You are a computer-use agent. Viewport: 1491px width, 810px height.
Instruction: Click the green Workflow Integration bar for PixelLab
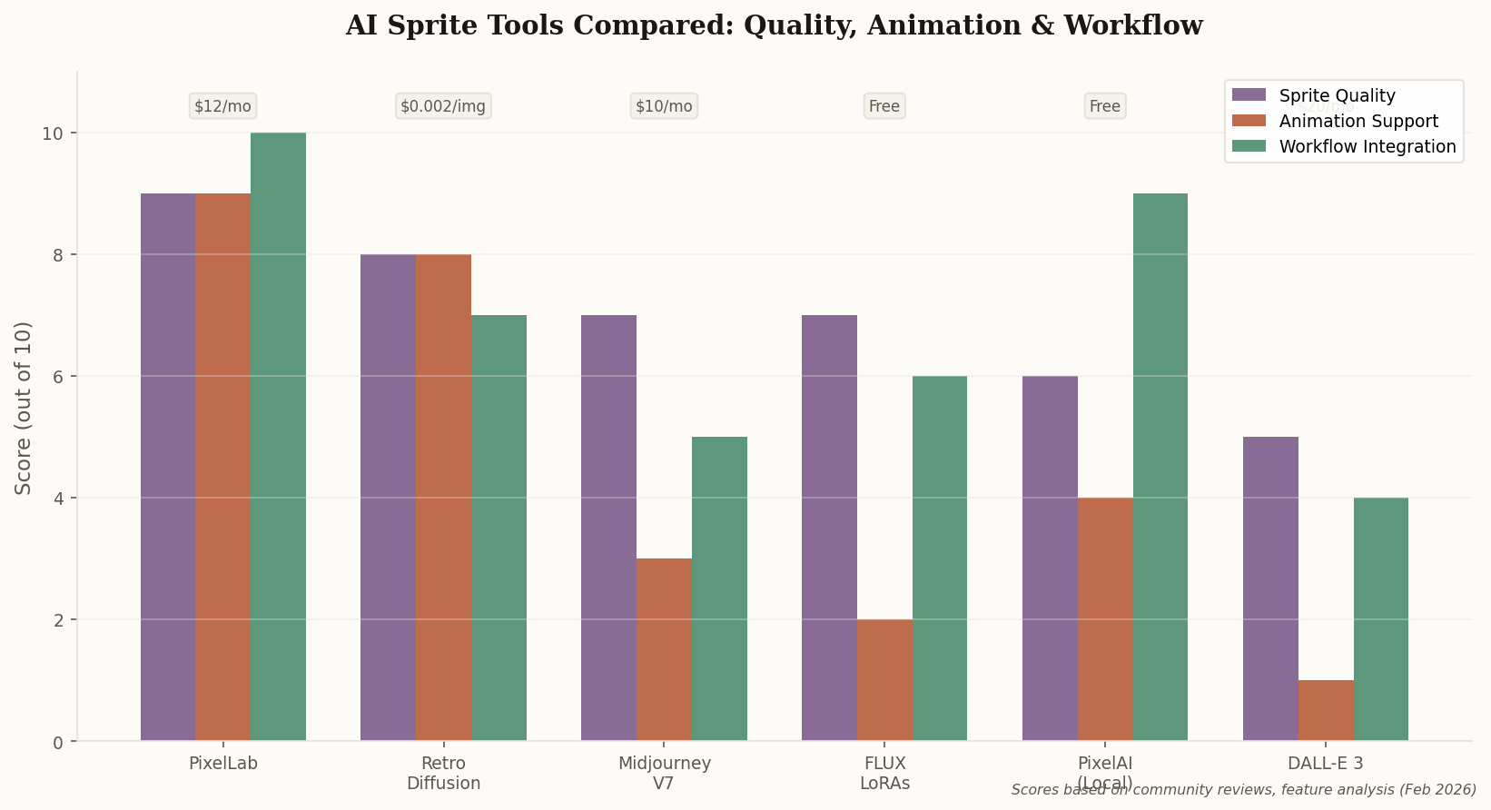(x=278, y=437)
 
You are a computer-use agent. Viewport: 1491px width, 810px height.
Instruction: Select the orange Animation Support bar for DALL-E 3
(x=1326, y=711)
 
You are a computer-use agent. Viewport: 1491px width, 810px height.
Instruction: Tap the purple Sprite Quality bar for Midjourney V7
(x=608, y=528)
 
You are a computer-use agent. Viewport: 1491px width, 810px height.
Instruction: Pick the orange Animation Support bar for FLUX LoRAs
(x=884, y=680)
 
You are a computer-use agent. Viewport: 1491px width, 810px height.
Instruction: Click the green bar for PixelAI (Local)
(x=1160, y=467)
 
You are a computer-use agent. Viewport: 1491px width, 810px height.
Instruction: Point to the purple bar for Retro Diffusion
(x=388, y=498)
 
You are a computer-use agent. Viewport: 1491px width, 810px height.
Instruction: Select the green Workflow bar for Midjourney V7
(x=719, y=588)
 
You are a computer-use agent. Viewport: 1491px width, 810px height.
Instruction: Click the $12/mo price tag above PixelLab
(x=222, y=106)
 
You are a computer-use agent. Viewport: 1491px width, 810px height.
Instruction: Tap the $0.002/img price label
(x=443, y=106)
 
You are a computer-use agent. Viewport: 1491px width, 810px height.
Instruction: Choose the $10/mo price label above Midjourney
(x=664, y=106)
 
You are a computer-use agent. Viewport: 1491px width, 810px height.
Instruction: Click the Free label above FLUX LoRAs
(x=884, y=106)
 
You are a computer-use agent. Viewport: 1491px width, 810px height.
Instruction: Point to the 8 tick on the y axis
(x=57, y=255)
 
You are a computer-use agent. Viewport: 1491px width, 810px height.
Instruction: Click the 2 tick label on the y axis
(x=57, y=620)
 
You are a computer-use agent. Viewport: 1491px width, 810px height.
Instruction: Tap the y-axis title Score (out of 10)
(x=24, y=408)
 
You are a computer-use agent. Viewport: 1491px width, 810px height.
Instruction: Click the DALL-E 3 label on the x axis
(x=1326, y=764)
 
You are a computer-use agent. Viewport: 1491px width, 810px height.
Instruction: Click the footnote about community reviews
(x=1243, y=790)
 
